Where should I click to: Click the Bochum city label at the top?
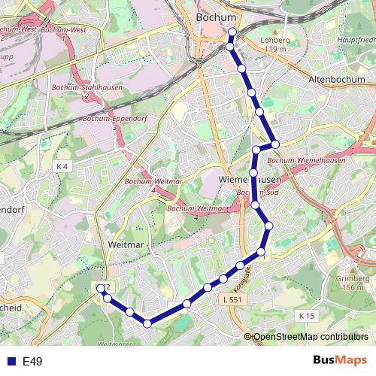click(x=214, y=16)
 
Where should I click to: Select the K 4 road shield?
click(x=62, y=165)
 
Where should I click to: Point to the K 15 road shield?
click(x=305, y=316)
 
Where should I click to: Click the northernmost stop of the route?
click(x=232, y=32)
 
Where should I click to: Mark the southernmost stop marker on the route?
click(x=147, y=323)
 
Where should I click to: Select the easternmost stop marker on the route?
click(x=275, y=144)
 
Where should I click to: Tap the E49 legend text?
click(x=32, y=362)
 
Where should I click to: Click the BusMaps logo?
click(x=340, y=361)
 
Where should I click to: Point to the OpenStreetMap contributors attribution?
click(x=310, y=338)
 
